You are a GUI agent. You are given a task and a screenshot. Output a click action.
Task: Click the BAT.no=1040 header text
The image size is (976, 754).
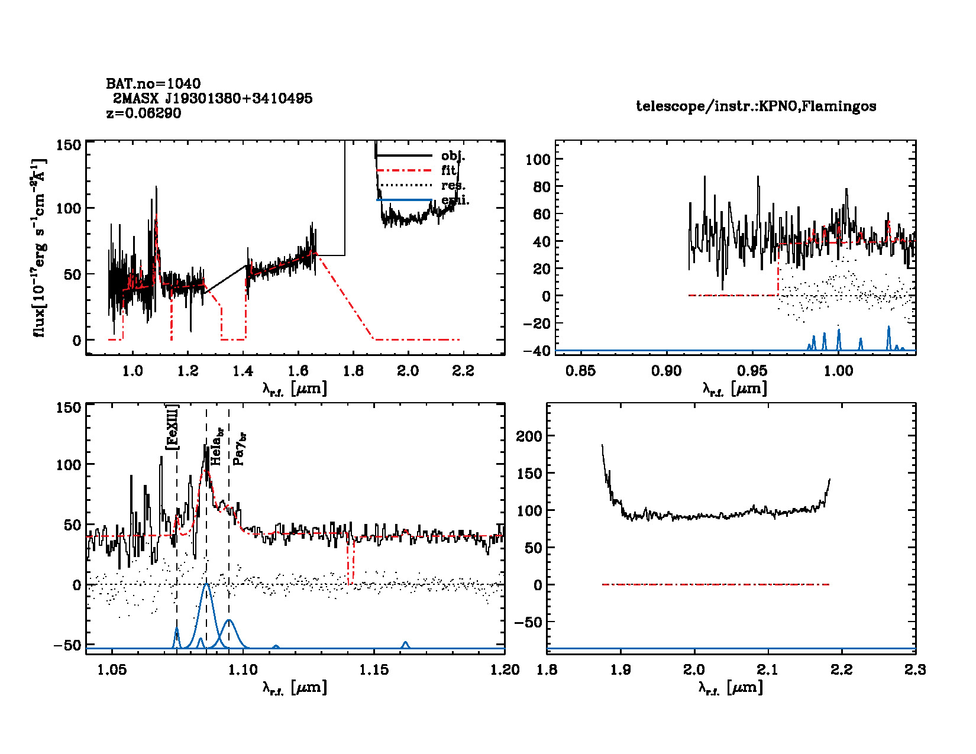(153, 83)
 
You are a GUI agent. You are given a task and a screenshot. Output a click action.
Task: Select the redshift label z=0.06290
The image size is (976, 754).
(144, 113)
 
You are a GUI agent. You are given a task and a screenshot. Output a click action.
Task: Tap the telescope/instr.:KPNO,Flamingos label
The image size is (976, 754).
(756, 106)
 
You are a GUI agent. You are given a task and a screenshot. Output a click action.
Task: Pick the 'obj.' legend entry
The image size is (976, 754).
(453, 156)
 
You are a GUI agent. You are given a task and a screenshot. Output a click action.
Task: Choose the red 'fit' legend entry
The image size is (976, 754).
(448, 170)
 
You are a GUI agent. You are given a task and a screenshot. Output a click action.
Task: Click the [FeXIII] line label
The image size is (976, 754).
(172, 428)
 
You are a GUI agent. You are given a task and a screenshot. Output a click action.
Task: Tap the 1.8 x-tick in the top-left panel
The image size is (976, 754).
(353, 371)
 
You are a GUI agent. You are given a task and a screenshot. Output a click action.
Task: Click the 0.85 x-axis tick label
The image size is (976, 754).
(580, 371)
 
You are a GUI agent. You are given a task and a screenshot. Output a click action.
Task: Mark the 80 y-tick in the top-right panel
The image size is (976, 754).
(537, 187)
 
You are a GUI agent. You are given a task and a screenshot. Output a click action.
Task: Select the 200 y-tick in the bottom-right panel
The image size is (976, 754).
(529, 436)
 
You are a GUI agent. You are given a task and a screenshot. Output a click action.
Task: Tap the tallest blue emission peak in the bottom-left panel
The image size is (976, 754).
(206, 585)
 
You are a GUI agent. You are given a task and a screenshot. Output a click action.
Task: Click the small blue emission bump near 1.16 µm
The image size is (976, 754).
(405, 643)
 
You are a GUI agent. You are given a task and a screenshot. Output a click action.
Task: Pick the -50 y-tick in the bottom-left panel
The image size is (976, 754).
(67, 645)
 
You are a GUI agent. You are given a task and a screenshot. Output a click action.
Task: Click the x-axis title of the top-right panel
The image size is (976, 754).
(735, 389)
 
